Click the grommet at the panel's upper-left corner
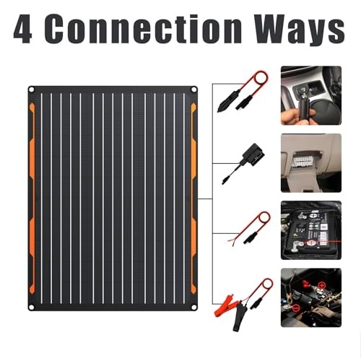[x=32, y=90]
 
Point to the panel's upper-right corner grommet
[x=195, y=90]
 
